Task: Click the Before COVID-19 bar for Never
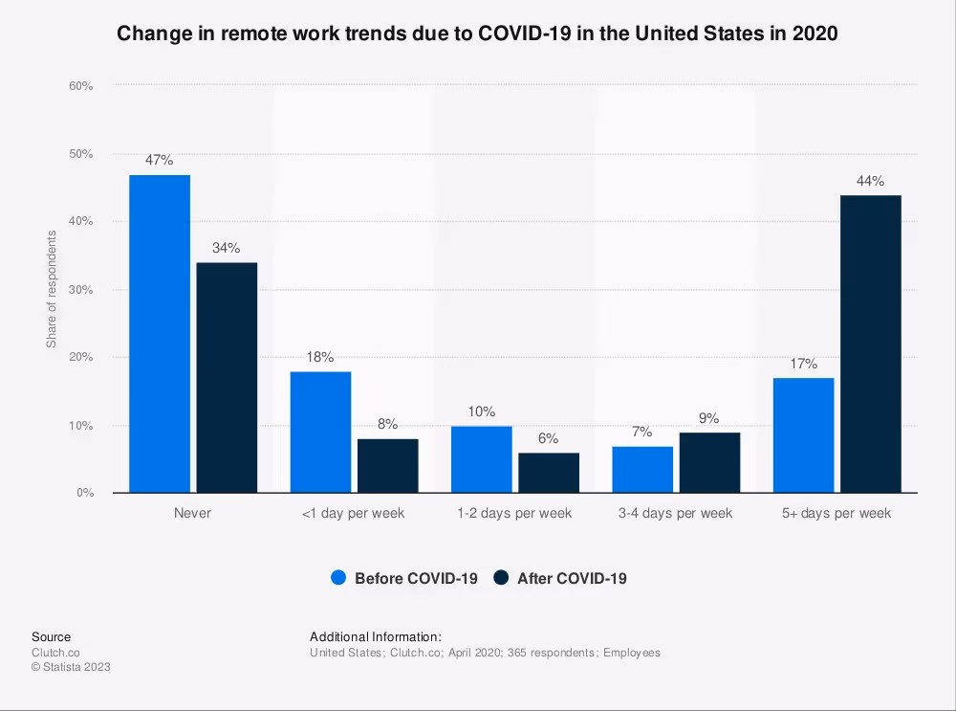click(160, 334)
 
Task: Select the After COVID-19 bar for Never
click(227, 378)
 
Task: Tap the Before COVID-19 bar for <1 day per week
click(320, 432)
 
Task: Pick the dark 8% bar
click(387, 466)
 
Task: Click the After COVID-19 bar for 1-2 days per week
click(549, 473)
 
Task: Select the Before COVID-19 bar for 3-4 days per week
click(642, 469)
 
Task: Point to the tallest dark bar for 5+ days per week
click(870, 344)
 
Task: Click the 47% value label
click(160, 161)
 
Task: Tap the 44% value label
click(870, 181)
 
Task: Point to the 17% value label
click(803, 364)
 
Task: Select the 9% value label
click(709, 418)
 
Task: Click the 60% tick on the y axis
click(80, 86)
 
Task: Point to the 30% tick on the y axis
click(80, 290)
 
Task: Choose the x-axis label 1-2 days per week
click(514, 513)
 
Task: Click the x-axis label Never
click(192, 513)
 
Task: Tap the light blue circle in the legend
click(338, 578)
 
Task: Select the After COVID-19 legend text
click(572, 578)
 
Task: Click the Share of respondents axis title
click(52, 289)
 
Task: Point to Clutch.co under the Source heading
click(54, 653)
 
